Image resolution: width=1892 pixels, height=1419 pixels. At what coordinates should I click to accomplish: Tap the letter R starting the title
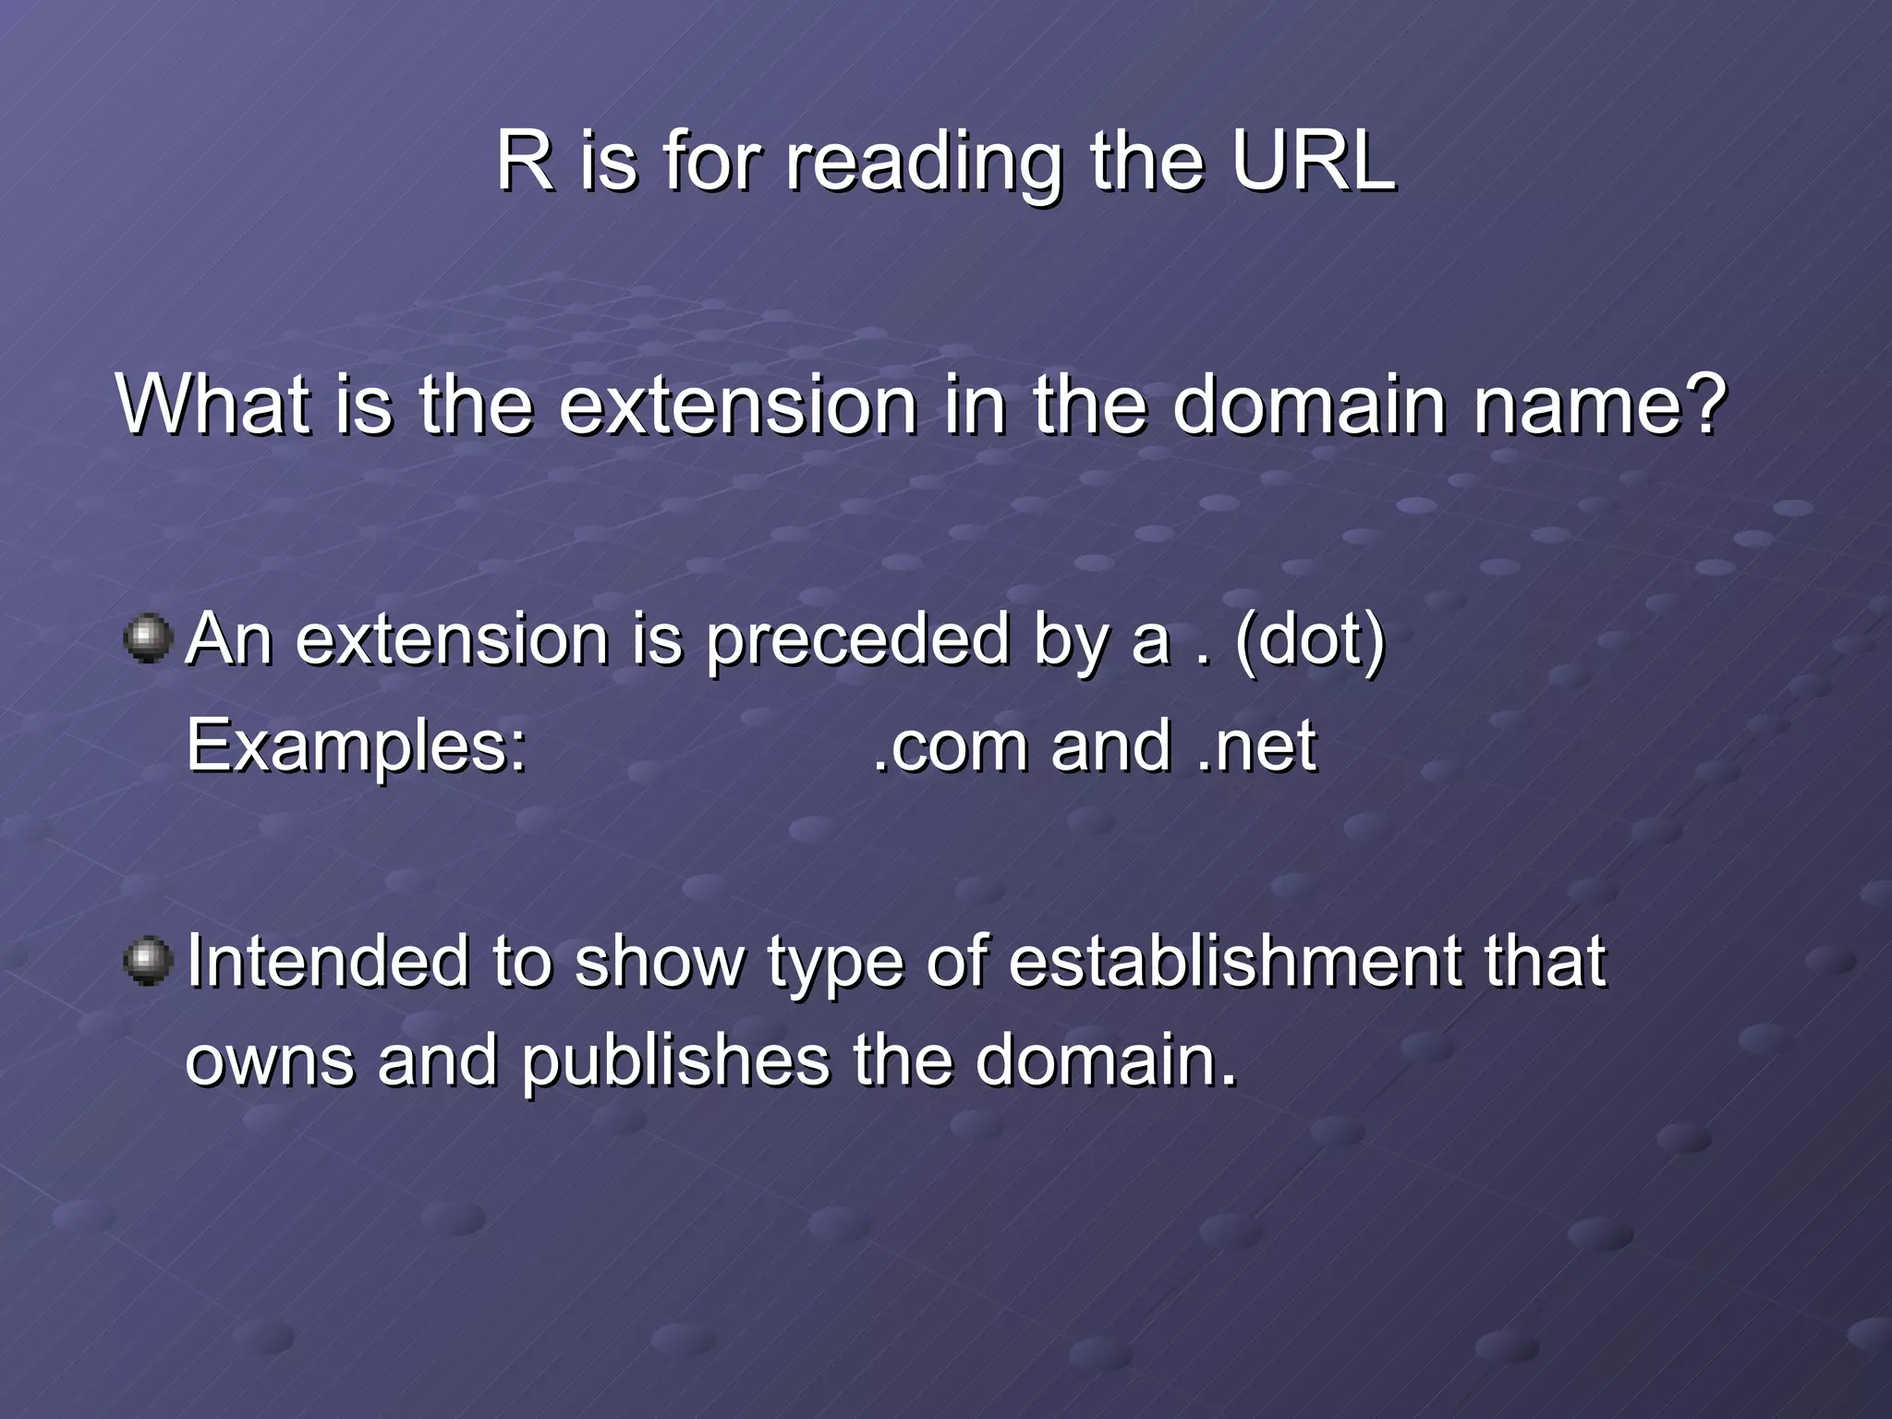pos(524,162)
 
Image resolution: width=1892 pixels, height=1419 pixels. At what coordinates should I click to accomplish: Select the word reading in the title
pos(924,164)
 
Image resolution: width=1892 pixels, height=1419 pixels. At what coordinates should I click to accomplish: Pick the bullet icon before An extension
pos(148,639)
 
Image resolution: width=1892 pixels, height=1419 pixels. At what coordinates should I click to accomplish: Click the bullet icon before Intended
pos(148,961)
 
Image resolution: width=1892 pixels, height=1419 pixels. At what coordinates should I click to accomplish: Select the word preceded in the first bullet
pos(857,641)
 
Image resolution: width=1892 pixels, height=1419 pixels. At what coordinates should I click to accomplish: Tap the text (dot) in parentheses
pos(1310,639)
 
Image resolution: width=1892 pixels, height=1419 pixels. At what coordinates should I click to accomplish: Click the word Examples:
pos(357,746)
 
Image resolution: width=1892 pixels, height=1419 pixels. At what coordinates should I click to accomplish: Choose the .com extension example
pos(950,746)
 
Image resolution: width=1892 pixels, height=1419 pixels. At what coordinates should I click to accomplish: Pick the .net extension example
pos(1256,746)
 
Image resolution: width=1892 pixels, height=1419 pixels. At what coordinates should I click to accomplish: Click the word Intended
pos(327,961)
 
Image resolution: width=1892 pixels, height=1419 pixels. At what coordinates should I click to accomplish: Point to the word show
pos(659,961)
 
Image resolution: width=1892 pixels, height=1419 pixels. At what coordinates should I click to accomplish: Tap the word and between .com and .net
pos(1111,746)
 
